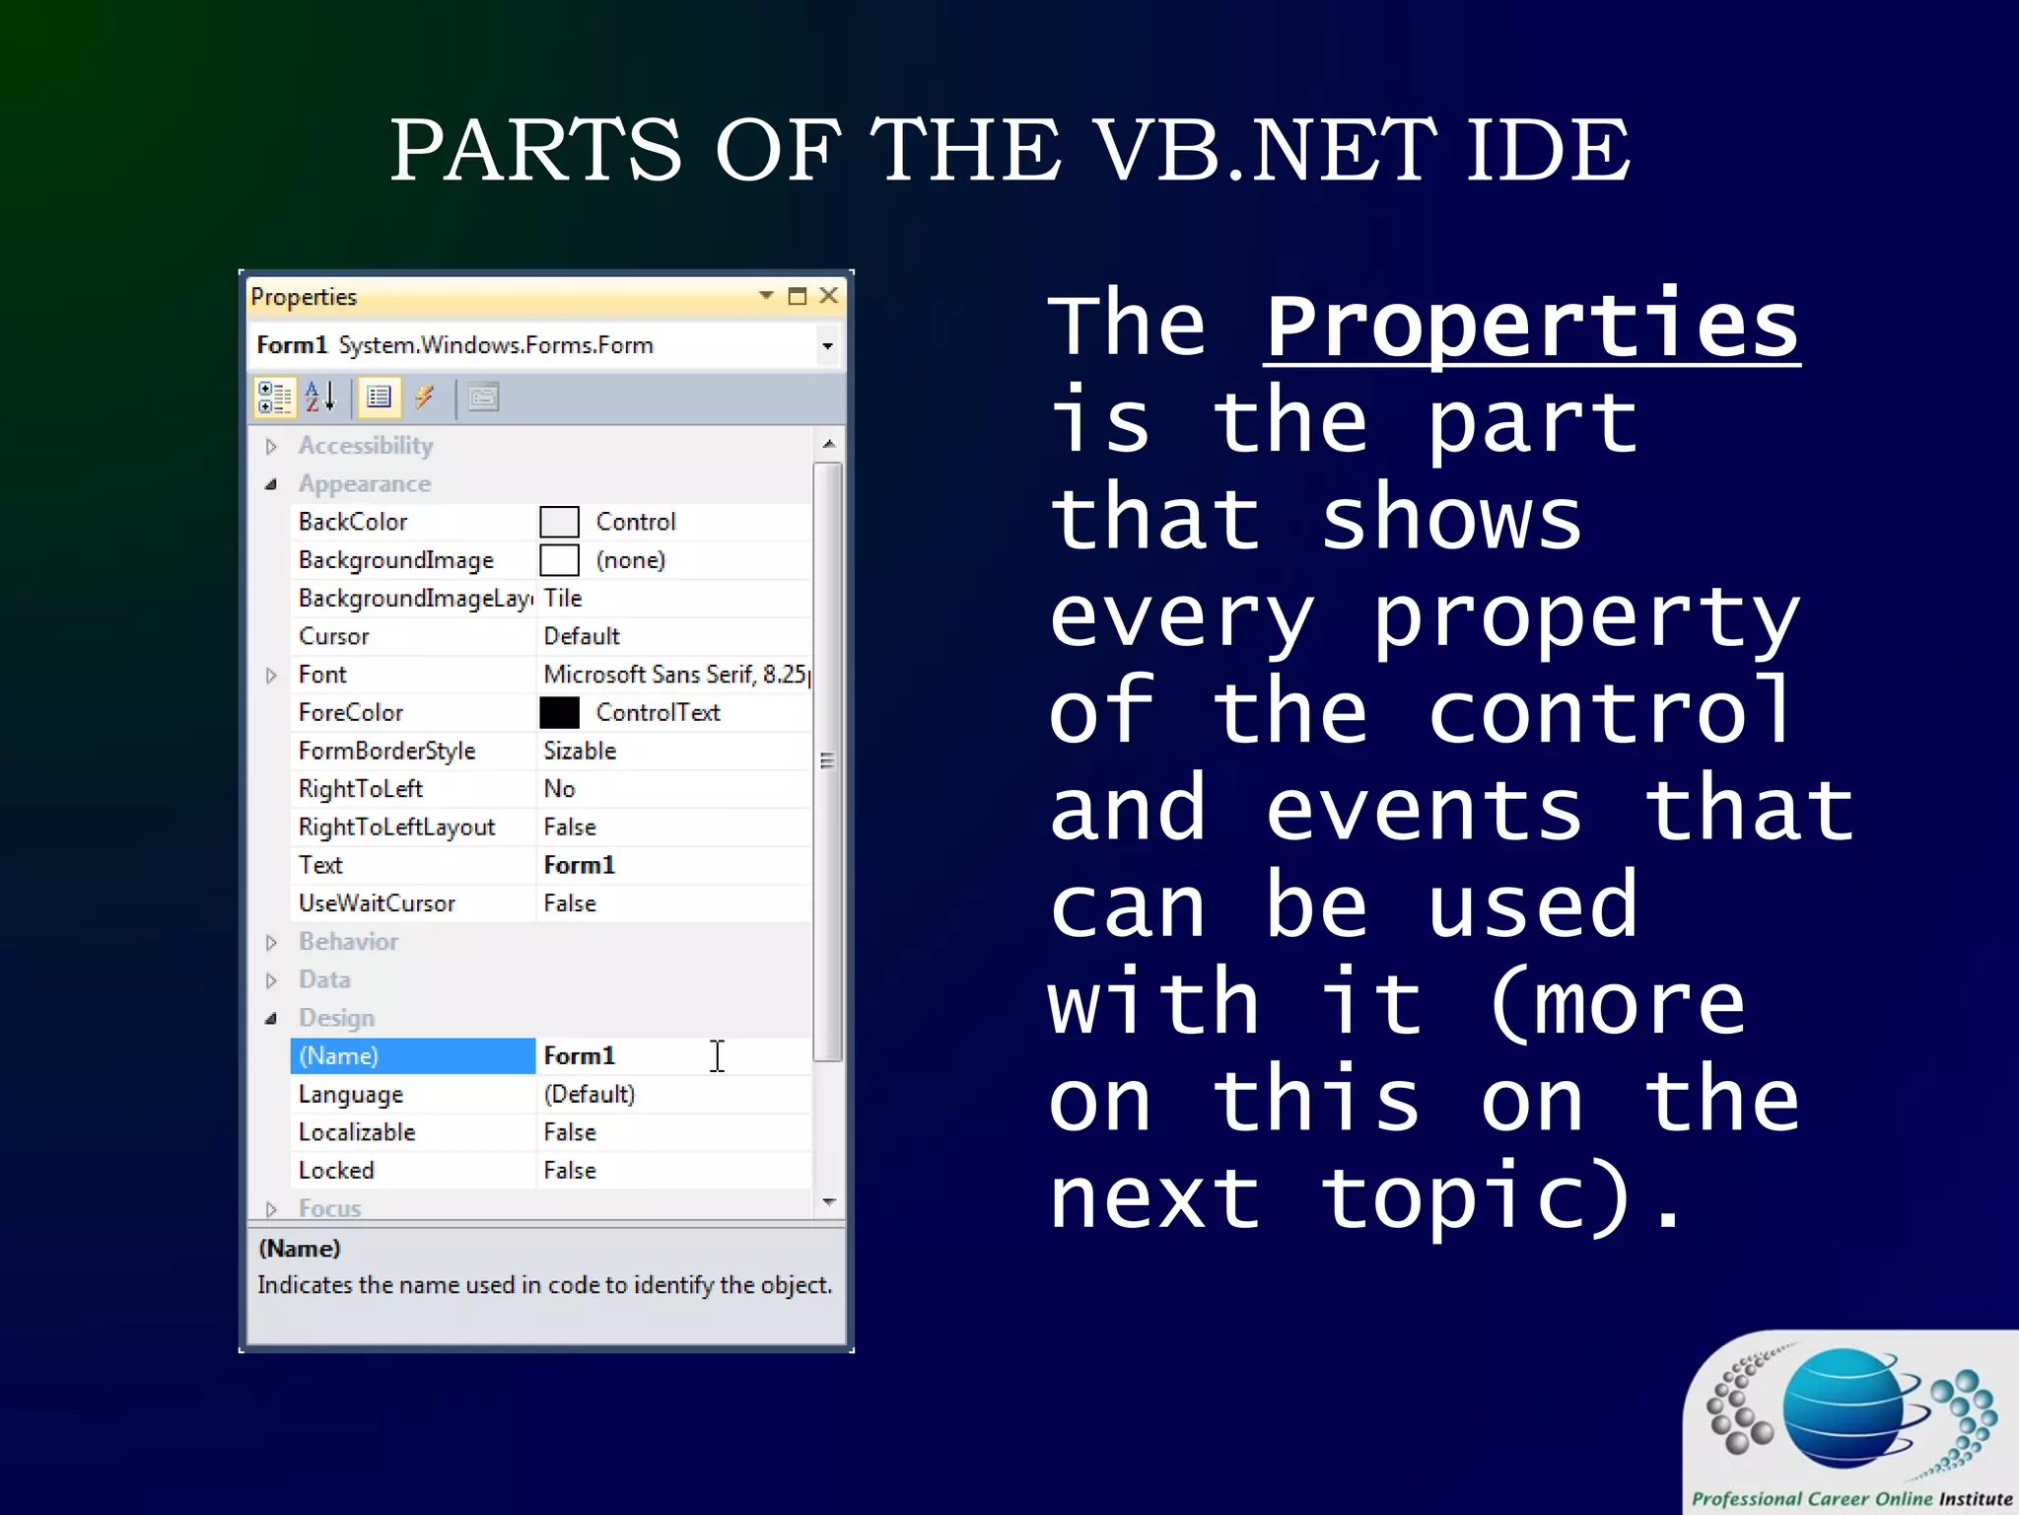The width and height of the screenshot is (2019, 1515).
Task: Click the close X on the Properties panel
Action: pyautogui.click(x=829, y=296)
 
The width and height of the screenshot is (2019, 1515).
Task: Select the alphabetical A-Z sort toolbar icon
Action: pyautogui.click(x=320, y=397)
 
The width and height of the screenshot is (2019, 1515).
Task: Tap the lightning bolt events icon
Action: pyautogui.click(x=425, y=397)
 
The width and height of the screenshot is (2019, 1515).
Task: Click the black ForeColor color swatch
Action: pyautogui.click(x=559, y=712)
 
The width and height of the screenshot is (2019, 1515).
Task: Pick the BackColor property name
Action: pyautogui.click(x=353, y=522)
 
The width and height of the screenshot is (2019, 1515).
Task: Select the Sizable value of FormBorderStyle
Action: pyautogui.click(x=580, y=751)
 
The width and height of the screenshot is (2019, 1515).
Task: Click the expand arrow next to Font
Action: pyautogui.click(x=271, y=676)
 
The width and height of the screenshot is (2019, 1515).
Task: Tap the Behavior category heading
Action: pyautogui.click(x=348, y=942)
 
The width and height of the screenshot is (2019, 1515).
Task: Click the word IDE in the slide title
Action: pyautogui.click(x=1547, y=150)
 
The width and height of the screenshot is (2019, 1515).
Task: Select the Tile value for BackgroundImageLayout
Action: pyautogui.click(x=563, y=599)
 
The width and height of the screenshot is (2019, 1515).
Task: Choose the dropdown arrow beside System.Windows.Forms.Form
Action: pyautogui.click(x=827, y=346)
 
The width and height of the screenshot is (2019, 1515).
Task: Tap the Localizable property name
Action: pyautogui.click(x=357, y=1132)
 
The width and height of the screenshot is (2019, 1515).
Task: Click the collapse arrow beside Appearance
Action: pyautogui.click(x=271, y=484)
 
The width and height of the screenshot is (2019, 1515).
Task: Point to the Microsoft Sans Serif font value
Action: pyautogui.click(x=674, y=675)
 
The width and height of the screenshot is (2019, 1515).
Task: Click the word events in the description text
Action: pyautogui.click(x=1424, y=811)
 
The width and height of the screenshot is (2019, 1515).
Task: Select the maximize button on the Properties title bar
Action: pyautogui.click(x=797, y=296)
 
